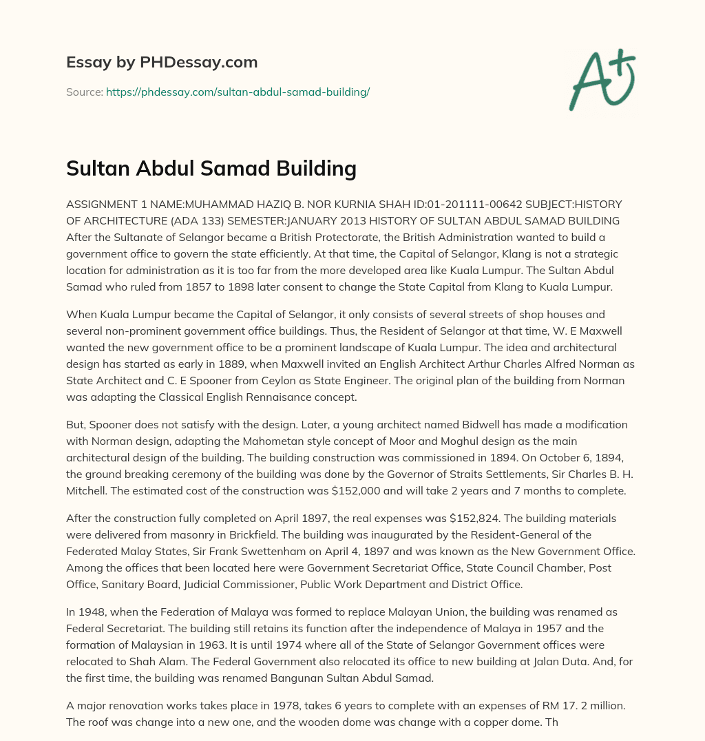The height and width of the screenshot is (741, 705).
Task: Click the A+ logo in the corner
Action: pyautogui.click(x=602, y=80)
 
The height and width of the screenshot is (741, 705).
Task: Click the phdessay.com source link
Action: pyautogui.click(x=238, y=92)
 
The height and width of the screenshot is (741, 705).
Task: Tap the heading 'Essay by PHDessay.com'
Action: pyautogui.click(x=162, y=63)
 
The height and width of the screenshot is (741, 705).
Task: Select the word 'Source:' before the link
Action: pyautogui.click(x=84, y=92)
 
